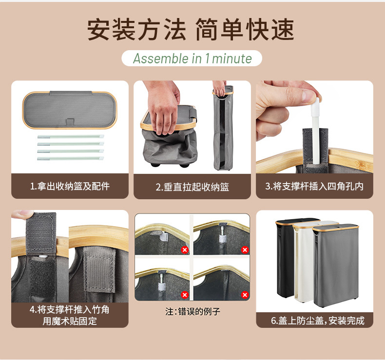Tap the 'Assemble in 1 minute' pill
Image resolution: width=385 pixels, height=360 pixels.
point(192,59)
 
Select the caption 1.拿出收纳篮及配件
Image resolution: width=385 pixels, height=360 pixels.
point(70,186)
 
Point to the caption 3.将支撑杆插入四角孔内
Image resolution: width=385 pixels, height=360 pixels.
point(314,186)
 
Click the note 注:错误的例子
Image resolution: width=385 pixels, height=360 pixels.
point(192,311)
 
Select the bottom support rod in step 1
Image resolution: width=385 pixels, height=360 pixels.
point(70,158)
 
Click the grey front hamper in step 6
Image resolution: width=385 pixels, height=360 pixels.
point(336,268)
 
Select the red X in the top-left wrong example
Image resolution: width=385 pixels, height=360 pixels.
point(185,250)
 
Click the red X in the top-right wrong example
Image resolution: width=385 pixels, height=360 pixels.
point(245,250)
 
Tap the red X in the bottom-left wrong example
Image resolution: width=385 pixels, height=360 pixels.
point(185,295)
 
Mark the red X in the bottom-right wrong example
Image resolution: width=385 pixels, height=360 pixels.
point(245,295)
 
